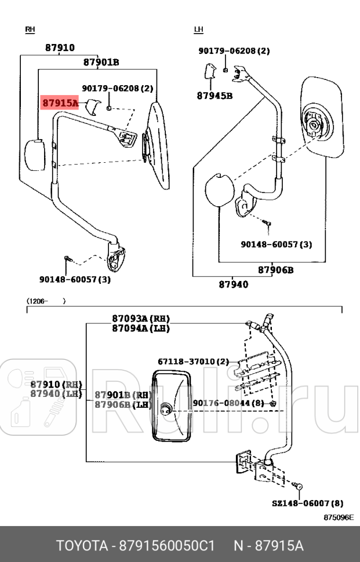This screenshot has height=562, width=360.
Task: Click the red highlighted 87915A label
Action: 59,103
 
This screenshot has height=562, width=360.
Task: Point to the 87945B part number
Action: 214,96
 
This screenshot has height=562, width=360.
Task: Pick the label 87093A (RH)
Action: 141,319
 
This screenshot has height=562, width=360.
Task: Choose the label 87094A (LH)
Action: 141,328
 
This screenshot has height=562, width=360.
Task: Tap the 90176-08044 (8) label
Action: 228,402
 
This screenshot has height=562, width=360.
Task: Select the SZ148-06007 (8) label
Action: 307,503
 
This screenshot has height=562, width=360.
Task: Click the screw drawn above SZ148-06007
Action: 298,486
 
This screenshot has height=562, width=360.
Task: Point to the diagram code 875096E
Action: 339,517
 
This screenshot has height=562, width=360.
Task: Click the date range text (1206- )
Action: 45,301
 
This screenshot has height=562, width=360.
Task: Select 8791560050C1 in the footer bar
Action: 167,546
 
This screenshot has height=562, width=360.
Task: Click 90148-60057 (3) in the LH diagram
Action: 277,244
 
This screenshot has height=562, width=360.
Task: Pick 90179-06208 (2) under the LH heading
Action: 234,51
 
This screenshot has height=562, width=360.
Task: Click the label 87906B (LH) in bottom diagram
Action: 123,404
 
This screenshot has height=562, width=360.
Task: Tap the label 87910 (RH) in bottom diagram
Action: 56,385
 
